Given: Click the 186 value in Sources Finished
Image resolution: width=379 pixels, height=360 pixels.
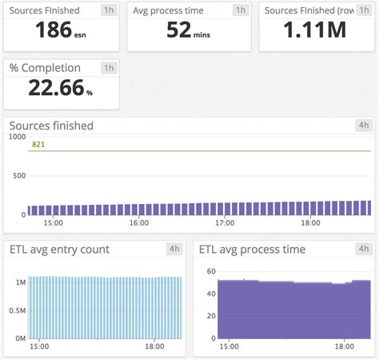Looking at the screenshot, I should pos(54,30).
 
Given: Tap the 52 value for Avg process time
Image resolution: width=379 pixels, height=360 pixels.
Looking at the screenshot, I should pos(179,30).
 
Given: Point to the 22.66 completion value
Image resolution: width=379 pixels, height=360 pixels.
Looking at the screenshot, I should pos(56,88).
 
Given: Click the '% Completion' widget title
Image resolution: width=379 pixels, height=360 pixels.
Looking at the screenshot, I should pos(46,68).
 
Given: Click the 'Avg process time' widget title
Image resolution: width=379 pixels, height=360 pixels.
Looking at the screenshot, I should pos(169,10).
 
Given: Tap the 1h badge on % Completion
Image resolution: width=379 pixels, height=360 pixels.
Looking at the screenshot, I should pos(109,68).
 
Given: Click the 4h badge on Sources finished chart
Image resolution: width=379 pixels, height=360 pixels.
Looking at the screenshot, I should pos(363,126).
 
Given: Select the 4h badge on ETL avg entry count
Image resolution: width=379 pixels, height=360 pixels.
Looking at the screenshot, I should pos(174,249).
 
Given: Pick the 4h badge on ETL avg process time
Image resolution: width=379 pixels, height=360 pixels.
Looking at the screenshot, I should pos(363,249).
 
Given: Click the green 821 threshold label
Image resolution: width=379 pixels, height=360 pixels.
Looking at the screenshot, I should pos(38,144).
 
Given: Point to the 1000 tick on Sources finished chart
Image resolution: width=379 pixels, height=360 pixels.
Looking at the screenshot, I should pos(16,137).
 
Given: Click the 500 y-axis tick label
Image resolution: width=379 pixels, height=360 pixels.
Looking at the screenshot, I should pos(18,176).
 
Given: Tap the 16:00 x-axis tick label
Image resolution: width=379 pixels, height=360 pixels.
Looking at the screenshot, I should pos(139,224).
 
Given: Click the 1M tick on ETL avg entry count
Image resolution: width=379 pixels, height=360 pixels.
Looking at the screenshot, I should pos(21,282).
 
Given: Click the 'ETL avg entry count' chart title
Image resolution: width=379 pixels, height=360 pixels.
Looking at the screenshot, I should pos(59,250).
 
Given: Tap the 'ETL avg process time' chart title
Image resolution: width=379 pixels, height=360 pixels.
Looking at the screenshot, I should pos(253,250).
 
